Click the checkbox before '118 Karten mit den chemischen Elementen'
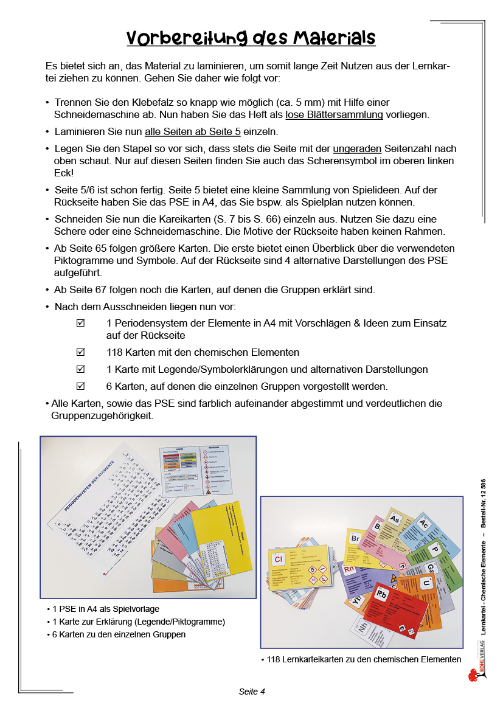pyautogui.click(x=80, y=352)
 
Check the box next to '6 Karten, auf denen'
pyautogui.click(x=80, y=386)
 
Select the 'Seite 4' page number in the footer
pyautogui.click(x=251, y=692)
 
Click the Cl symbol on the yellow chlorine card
pyautogui.click(x=279, y=559)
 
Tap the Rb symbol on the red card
pyautogui.click(x=382, y=595)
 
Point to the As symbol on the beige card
pyautogui.click(x=395, y=519)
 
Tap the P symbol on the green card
pyautogui.click(x=435, y=549)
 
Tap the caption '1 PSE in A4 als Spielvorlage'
pyautogui.click(x=106, y=608)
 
